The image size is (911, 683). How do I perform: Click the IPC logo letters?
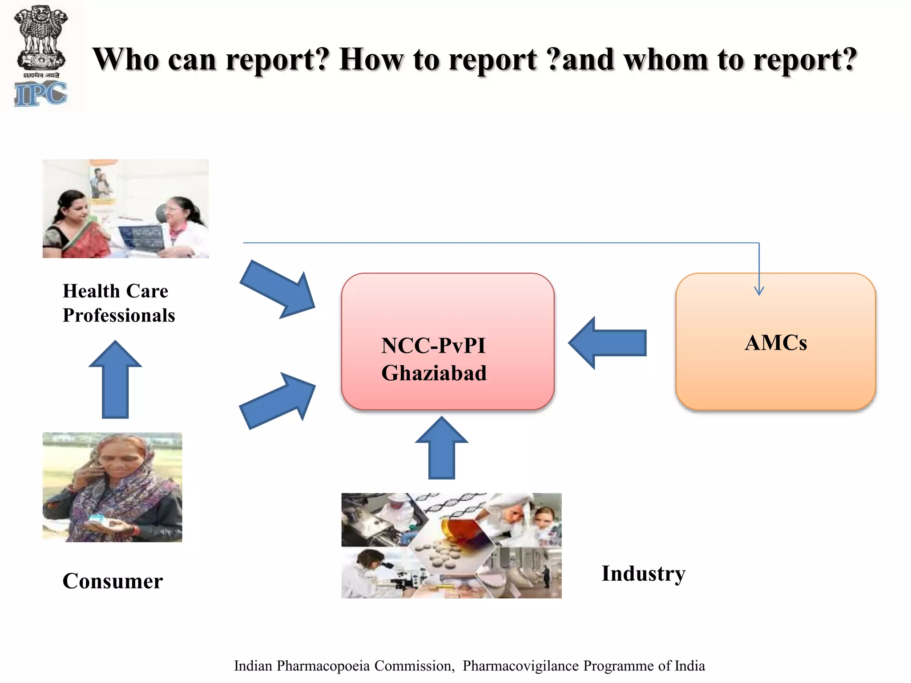tap(41, 95)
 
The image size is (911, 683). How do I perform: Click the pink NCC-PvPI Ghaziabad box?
tap(447, 341)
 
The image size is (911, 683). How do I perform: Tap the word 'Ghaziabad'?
tap(434, 373)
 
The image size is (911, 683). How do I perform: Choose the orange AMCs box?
tap(775, 341)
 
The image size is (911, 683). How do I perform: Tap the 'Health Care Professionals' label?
tap(119, 303)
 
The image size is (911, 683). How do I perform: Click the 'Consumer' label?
tap(113, 581)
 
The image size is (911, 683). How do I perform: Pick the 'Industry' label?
tap(643, 573)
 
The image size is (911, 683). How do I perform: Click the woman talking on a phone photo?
tap(112, 487)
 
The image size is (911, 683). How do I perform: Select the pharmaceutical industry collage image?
tap(451, 545)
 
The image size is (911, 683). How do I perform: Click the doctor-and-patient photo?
tap(125, 209)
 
